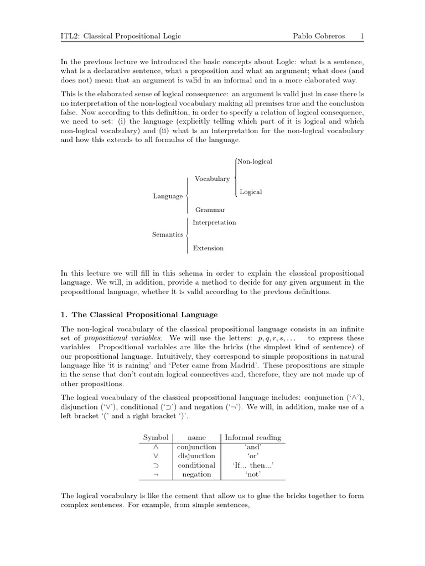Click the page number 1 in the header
click(361, 36)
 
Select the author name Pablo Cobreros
click(318, 36)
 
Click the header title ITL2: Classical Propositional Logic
click(121, 36)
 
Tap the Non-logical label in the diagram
click(255, 161)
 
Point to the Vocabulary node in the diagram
click(212, 179)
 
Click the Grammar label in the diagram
click(210, 210)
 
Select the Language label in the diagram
click(168, 196)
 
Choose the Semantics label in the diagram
click(168, 235)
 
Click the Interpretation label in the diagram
click(214, 223)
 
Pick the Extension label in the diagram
click(208, 248)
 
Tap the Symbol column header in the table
click(156, 437)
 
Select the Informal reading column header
click(253, 437)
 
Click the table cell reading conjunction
click(196, 447)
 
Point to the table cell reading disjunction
click(196, 456)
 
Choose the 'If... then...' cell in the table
click(253, 465)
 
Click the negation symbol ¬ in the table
click(156, 475)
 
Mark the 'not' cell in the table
click(253, 475)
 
